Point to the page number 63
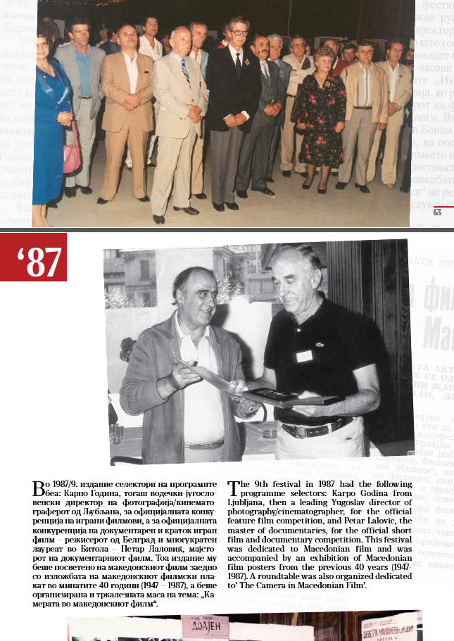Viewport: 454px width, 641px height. (x=437, y=212)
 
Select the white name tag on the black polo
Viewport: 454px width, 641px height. (x=304, y=356)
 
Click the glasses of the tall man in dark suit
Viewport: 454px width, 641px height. (x=237, y=33)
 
